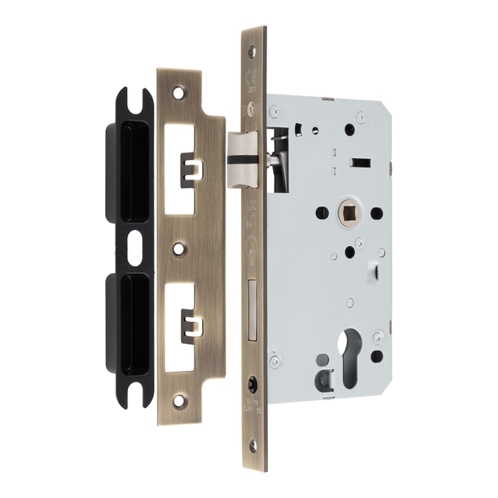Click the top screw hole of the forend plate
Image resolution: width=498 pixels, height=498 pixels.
[x=251, y=50]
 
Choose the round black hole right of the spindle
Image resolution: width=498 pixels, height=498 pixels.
[x=376, y=213]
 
